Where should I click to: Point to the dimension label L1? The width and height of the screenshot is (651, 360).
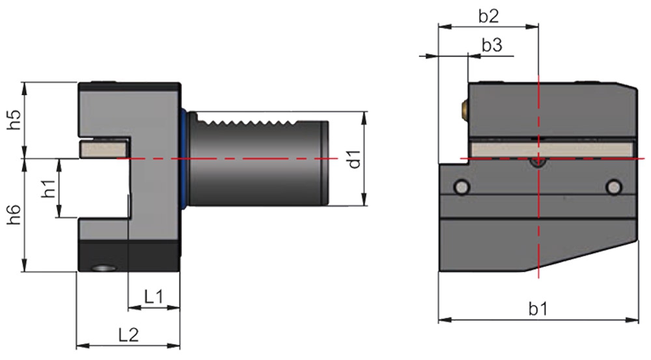tap(154, 298)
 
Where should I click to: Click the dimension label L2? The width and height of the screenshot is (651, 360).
tap(128, 335)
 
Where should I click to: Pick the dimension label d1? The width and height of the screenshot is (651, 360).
tap(354, 158)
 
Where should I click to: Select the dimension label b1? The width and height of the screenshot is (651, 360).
tap(538, 309)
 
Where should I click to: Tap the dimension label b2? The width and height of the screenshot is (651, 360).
tap(488, 17)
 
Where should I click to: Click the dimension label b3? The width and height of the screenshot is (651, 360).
tap(492, 46)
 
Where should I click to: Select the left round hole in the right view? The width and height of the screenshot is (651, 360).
tap(462, 187)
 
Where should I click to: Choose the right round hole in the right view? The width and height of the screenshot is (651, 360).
tap(613, 187)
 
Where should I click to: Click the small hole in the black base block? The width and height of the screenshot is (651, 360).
tap(103, 268)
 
